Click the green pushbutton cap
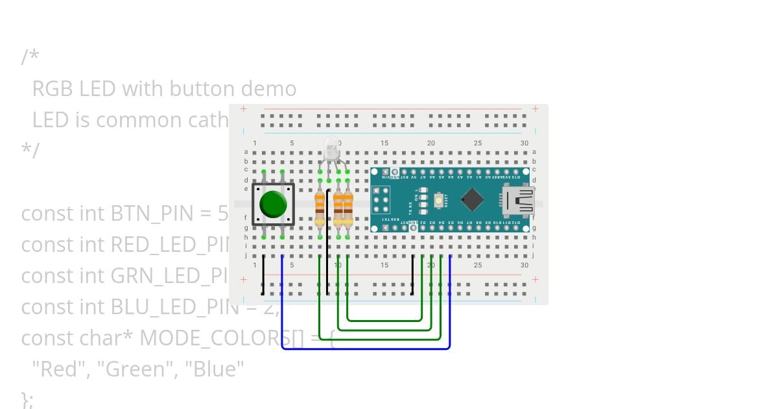tap(273, 204)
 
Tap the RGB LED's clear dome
tap(331, 147)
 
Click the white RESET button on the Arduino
tap(439, 201)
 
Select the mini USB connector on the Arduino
tap(519, 200)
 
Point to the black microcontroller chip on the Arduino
tap(473, 199)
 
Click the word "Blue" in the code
tap(215, 369)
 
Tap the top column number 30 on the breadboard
tap(524, 143)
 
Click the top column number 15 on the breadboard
tap(384, 143)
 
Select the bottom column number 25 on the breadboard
tap(478, 265)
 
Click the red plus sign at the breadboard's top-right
tap(535, 109)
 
